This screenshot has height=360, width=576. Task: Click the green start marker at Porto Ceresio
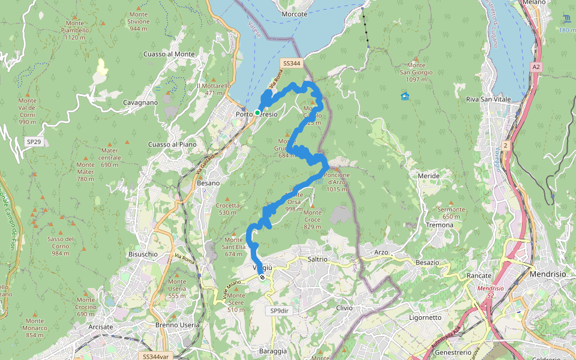(257, 113)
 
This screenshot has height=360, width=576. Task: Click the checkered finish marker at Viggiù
(262, 277)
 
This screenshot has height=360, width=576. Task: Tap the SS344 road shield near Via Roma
(291, 63)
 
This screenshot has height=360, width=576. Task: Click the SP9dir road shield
(279, 311)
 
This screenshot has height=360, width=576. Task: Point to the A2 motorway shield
(536, 68)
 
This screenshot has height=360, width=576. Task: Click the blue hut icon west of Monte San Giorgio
(405, 96)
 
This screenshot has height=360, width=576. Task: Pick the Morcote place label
(294, 14)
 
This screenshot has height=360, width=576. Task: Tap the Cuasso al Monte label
(169, 54)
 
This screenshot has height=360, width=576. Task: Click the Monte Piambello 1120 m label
(76, 30)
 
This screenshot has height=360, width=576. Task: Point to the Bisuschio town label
(143, 254)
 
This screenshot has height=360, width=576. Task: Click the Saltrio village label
(317, 259)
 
